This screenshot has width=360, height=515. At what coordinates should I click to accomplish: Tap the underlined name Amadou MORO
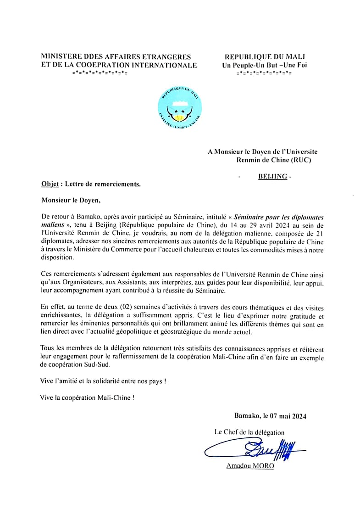tap(250, 466)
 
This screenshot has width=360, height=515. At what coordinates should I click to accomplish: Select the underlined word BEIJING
tap(272, 176)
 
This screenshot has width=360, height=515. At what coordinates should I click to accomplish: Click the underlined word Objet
tap(50, 184)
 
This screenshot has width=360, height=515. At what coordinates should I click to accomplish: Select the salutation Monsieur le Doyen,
tap(70, 200)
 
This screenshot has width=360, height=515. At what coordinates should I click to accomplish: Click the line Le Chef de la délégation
tap(249, 432)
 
